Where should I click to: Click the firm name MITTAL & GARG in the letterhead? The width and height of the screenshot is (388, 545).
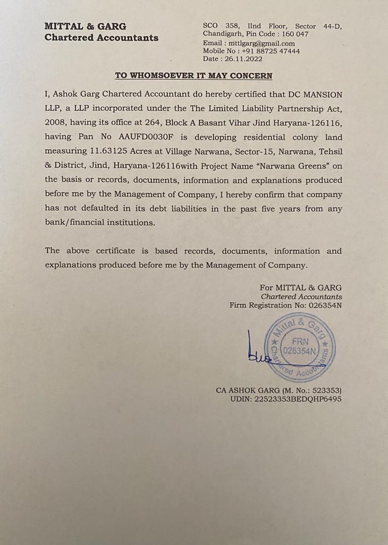point(85,26)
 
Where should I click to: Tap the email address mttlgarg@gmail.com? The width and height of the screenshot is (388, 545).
point(261,43)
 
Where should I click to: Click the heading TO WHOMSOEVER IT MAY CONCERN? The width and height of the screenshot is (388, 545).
point(193,76)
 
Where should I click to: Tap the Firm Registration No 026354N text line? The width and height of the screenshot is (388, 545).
point(285,305)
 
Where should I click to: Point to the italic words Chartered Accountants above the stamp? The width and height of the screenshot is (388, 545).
point(301,296)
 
